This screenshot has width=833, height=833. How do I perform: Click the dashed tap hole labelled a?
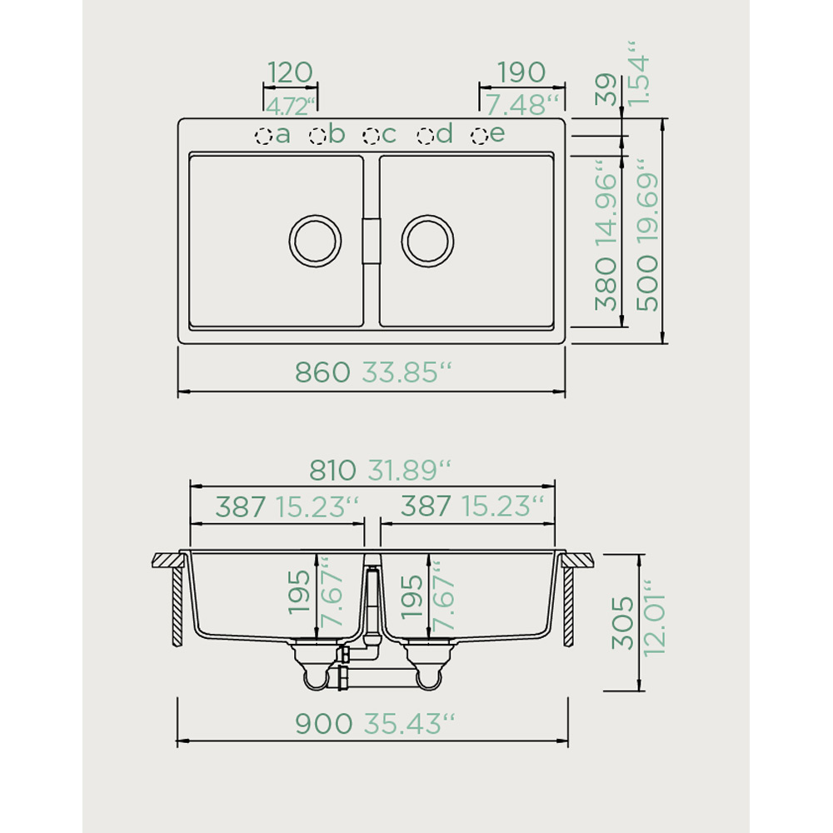[x=263, y=136]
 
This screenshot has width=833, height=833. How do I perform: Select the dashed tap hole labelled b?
[x=317, y=136]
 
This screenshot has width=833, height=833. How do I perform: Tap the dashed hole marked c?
[x=372, y=136]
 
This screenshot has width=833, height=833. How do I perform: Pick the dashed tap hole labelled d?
[x=426, y=136]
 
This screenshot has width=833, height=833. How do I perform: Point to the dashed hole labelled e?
[x=480, y=136]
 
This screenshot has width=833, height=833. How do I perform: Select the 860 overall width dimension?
[x=322, y=372]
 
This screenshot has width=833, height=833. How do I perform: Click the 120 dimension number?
[x=290, y=72]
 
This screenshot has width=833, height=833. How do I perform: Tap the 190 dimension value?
[x=521, y=72]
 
